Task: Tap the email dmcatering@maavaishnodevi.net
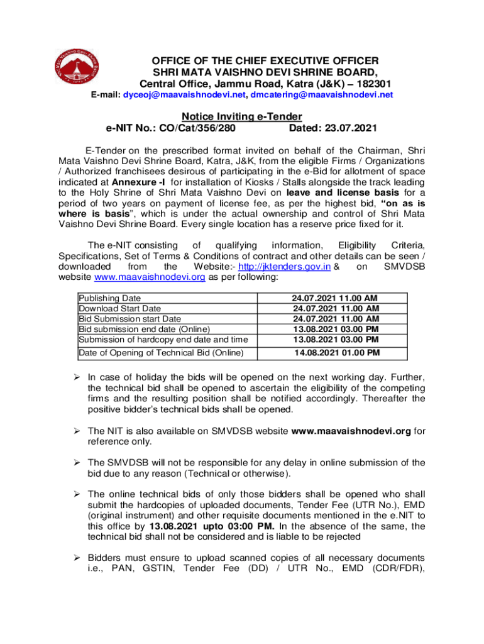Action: (x=321, y=96)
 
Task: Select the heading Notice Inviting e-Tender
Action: (x=242, y=116)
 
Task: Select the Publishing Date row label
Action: (x=109, y=298)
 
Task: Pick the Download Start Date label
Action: (x=119, y=309)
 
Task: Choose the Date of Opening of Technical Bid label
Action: (x=160, y=353)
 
